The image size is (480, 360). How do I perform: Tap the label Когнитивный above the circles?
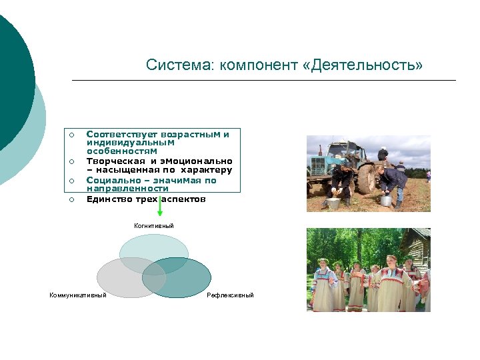coord(153,226)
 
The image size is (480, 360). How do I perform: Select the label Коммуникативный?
coord(78,295)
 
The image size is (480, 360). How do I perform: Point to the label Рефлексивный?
coord(230,295)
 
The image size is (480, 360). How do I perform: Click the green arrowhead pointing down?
coord(160,213)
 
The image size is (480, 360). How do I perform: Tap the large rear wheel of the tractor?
coord(367,177)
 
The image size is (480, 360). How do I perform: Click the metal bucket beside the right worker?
coord(385,200)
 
